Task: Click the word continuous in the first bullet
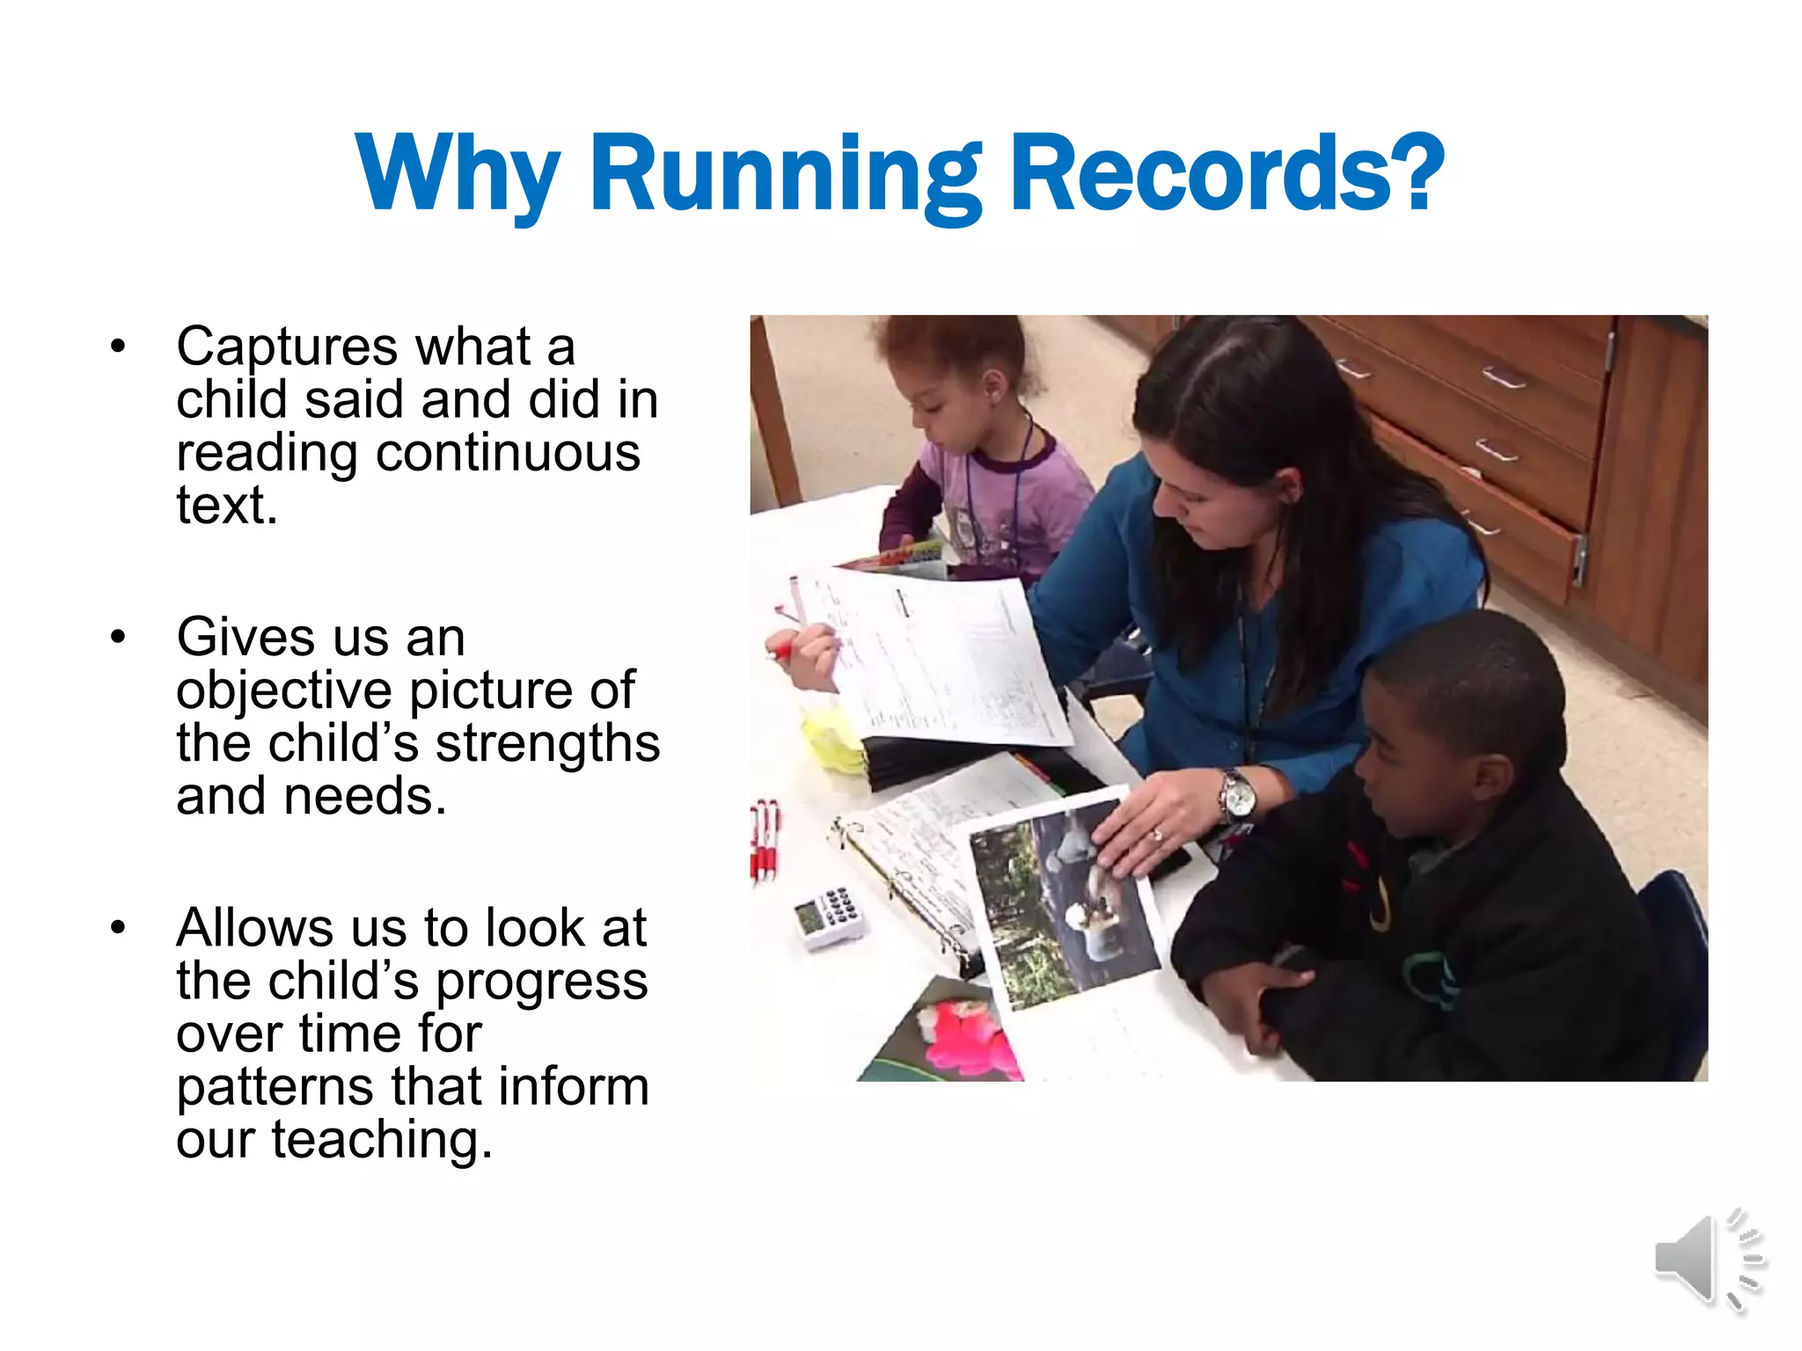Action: pyautogui.click(x=508, y=453)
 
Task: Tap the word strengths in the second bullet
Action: pyautogui.click(x=547, y=743)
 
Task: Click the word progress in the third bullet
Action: pyautogui.click(x=542, y=982)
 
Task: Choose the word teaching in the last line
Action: pyautogui.click(x=381, y=1140)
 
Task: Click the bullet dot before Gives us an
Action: pyautogui.click(x=118, y=638)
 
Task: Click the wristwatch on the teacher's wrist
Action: pyautogui.click(x=1237, y=794)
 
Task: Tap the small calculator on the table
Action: pyautogui.click(x=828, y=916)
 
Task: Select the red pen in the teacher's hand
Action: pyautogui.click(x=780, y=651)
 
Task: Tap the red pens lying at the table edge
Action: pyautogui.click(x=765, y=840)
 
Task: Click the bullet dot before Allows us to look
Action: pyautogui.click(x=118, y=928)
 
